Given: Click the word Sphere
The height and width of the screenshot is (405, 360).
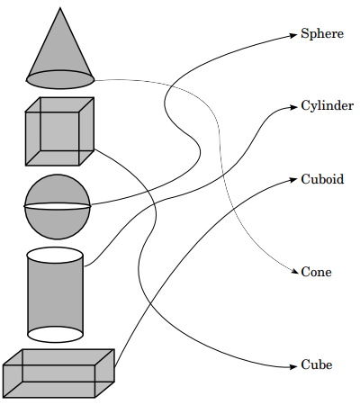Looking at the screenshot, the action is point(322,34).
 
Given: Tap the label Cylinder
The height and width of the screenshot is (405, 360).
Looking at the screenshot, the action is point(328,106).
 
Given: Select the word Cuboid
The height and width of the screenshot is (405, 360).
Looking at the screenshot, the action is point(322,179).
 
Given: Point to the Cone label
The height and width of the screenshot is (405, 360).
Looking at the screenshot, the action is point(317,272).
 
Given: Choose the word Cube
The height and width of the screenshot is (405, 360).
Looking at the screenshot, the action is point(317,364).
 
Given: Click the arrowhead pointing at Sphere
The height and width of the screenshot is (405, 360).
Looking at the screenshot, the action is point(293,35).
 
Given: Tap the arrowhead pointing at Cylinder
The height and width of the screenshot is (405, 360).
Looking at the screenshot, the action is point(293,107).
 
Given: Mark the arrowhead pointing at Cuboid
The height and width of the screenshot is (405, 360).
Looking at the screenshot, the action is point(293,180).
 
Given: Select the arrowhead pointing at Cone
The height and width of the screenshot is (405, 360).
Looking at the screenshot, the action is point(294,272).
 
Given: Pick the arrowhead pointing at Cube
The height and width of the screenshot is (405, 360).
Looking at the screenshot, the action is point(293,366).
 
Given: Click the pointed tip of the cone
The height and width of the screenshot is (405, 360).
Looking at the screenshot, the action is point(60,7).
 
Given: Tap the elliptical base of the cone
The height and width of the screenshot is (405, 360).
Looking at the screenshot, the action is point(60,79).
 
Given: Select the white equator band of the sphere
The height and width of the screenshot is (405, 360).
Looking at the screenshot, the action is point(57,206).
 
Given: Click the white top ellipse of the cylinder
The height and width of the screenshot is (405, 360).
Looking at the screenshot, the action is point(55,256).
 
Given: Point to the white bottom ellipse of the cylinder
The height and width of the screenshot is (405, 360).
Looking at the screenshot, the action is point(55,334).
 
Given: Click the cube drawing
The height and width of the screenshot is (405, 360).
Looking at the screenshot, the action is point(59,131).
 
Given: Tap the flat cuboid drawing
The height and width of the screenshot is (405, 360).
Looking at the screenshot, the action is point(58,373).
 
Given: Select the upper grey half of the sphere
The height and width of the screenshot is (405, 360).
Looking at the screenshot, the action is point(57,189).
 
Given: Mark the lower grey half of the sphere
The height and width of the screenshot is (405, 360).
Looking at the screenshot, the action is point(57,223).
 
